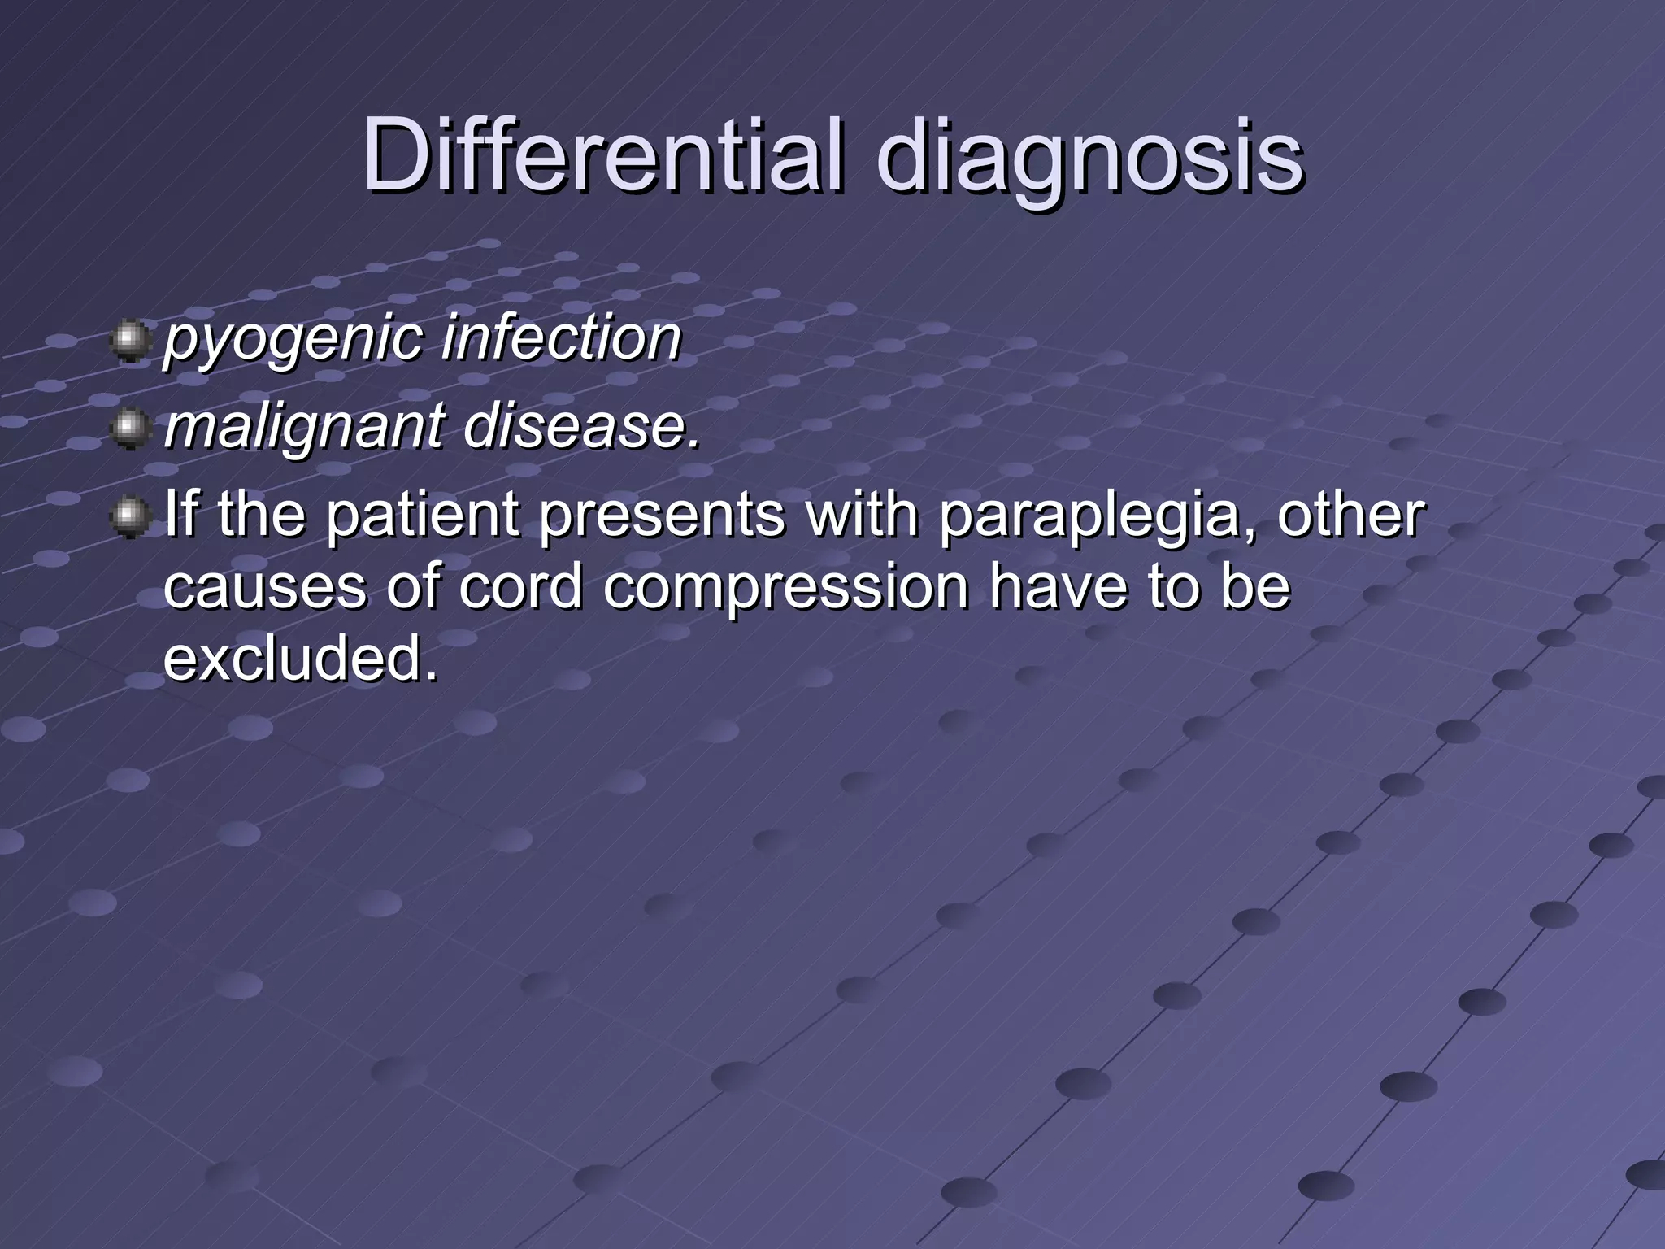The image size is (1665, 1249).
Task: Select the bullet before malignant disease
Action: tap(129, 429)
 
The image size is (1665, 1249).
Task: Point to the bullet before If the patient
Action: tap(129, 517)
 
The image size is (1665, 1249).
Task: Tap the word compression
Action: tap(785, 589)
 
